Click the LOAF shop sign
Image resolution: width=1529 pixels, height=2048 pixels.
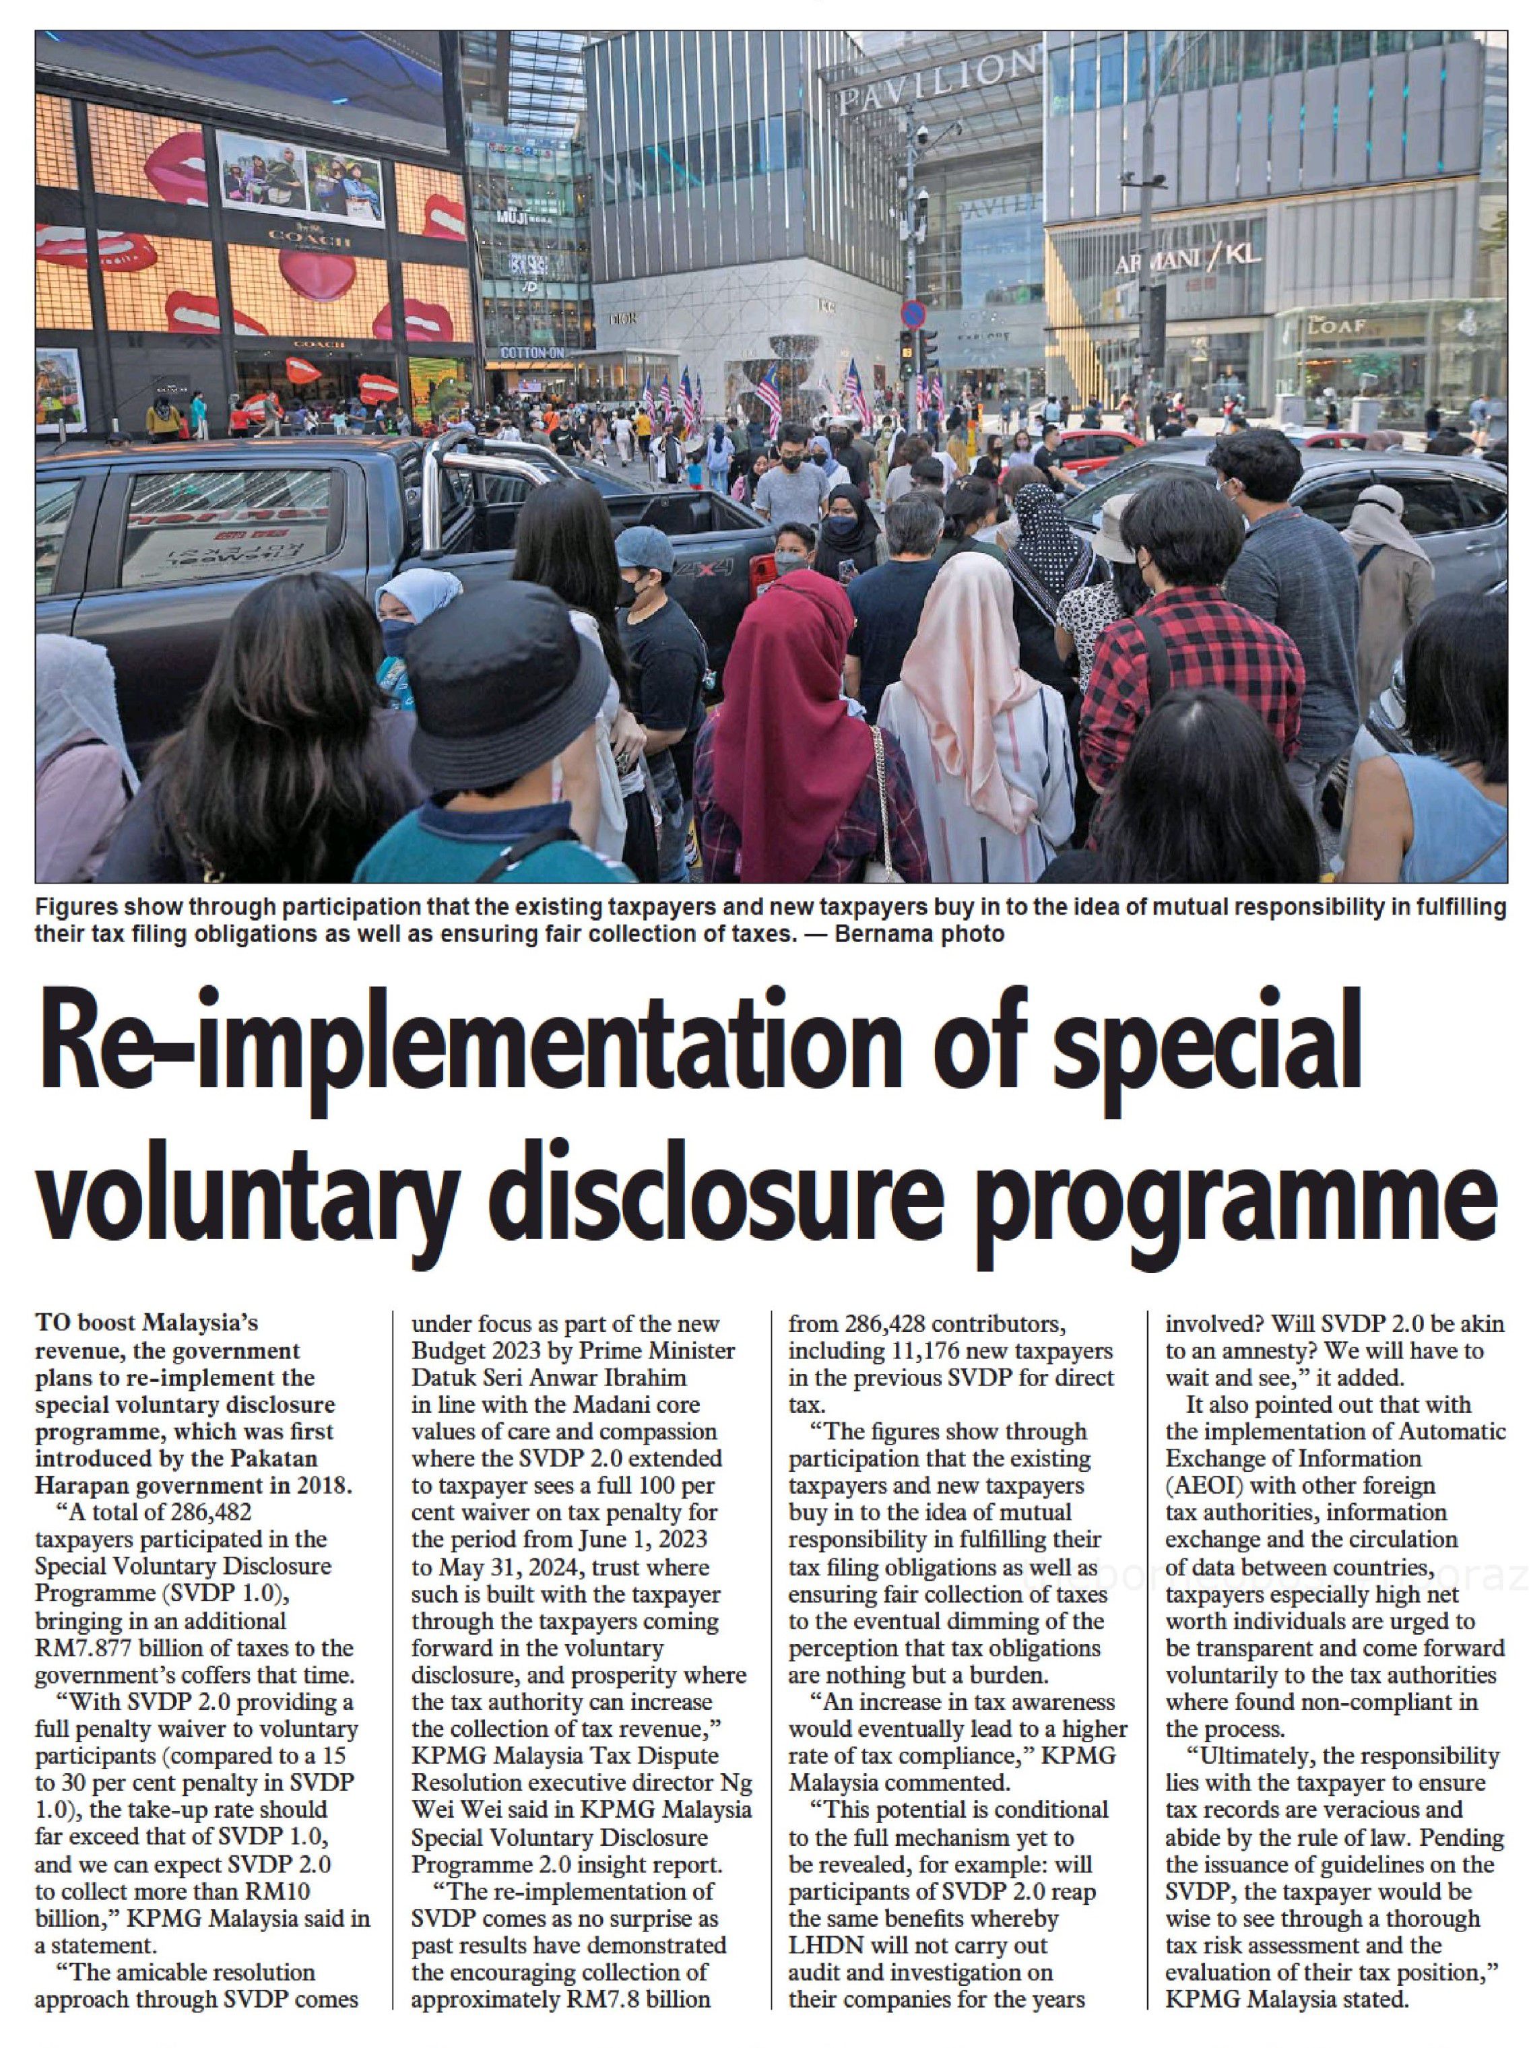point(1339,326)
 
